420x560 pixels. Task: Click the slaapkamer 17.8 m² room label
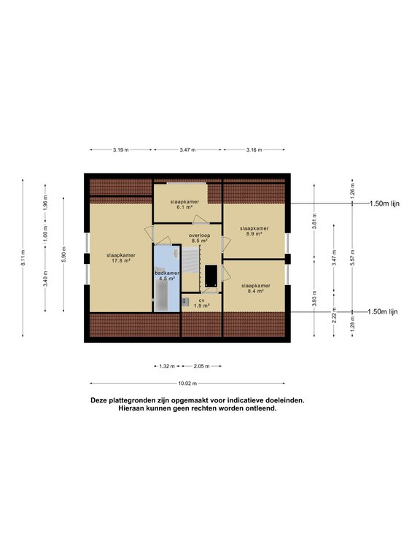pos(122,257)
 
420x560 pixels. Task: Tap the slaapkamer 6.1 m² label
pos(185,204)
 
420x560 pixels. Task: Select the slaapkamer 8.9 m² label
pos(255,231)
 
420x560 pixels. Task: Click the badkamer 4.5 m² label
pos(166,275)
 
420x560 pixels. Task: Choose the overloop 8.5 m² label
pos(199,238)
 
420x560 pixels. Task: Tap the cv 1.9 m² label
pos(200,303)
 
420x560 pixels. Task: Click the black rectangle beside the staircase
pos(211,275)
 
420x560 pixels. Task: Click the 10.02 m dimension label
pos(187,384)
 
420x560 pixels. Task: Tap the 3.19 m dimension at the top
pos(121,149)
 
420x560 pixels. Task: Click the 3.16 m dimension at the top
pos(254,149)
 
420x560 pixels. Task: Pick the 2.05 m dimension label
pos(201,366)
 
